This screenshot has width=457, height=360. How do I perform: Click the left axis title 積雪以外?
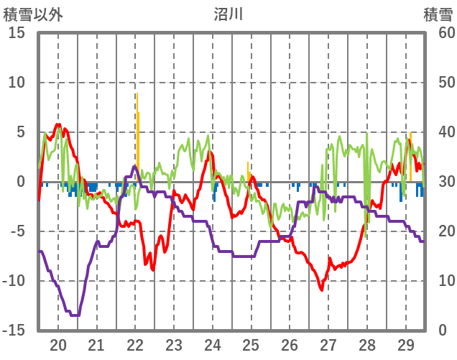(x=33, y=14)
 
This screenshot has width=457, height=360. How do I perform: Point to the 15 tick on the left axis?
(x=17, y=33)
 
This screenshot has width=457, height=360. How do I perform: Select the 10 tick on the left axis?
(x=17, y=83)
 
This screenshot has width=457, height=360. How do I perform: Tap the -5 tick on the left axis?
(x=17, y=231)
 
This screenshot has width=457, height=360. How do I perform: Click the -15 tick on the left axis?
(x=14, y=331)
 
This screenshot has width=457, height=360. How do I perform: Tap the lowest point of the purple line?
(x=74, y=315)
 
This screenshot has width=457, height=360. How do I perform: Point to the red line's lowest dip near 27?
(x=322, y=290)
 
